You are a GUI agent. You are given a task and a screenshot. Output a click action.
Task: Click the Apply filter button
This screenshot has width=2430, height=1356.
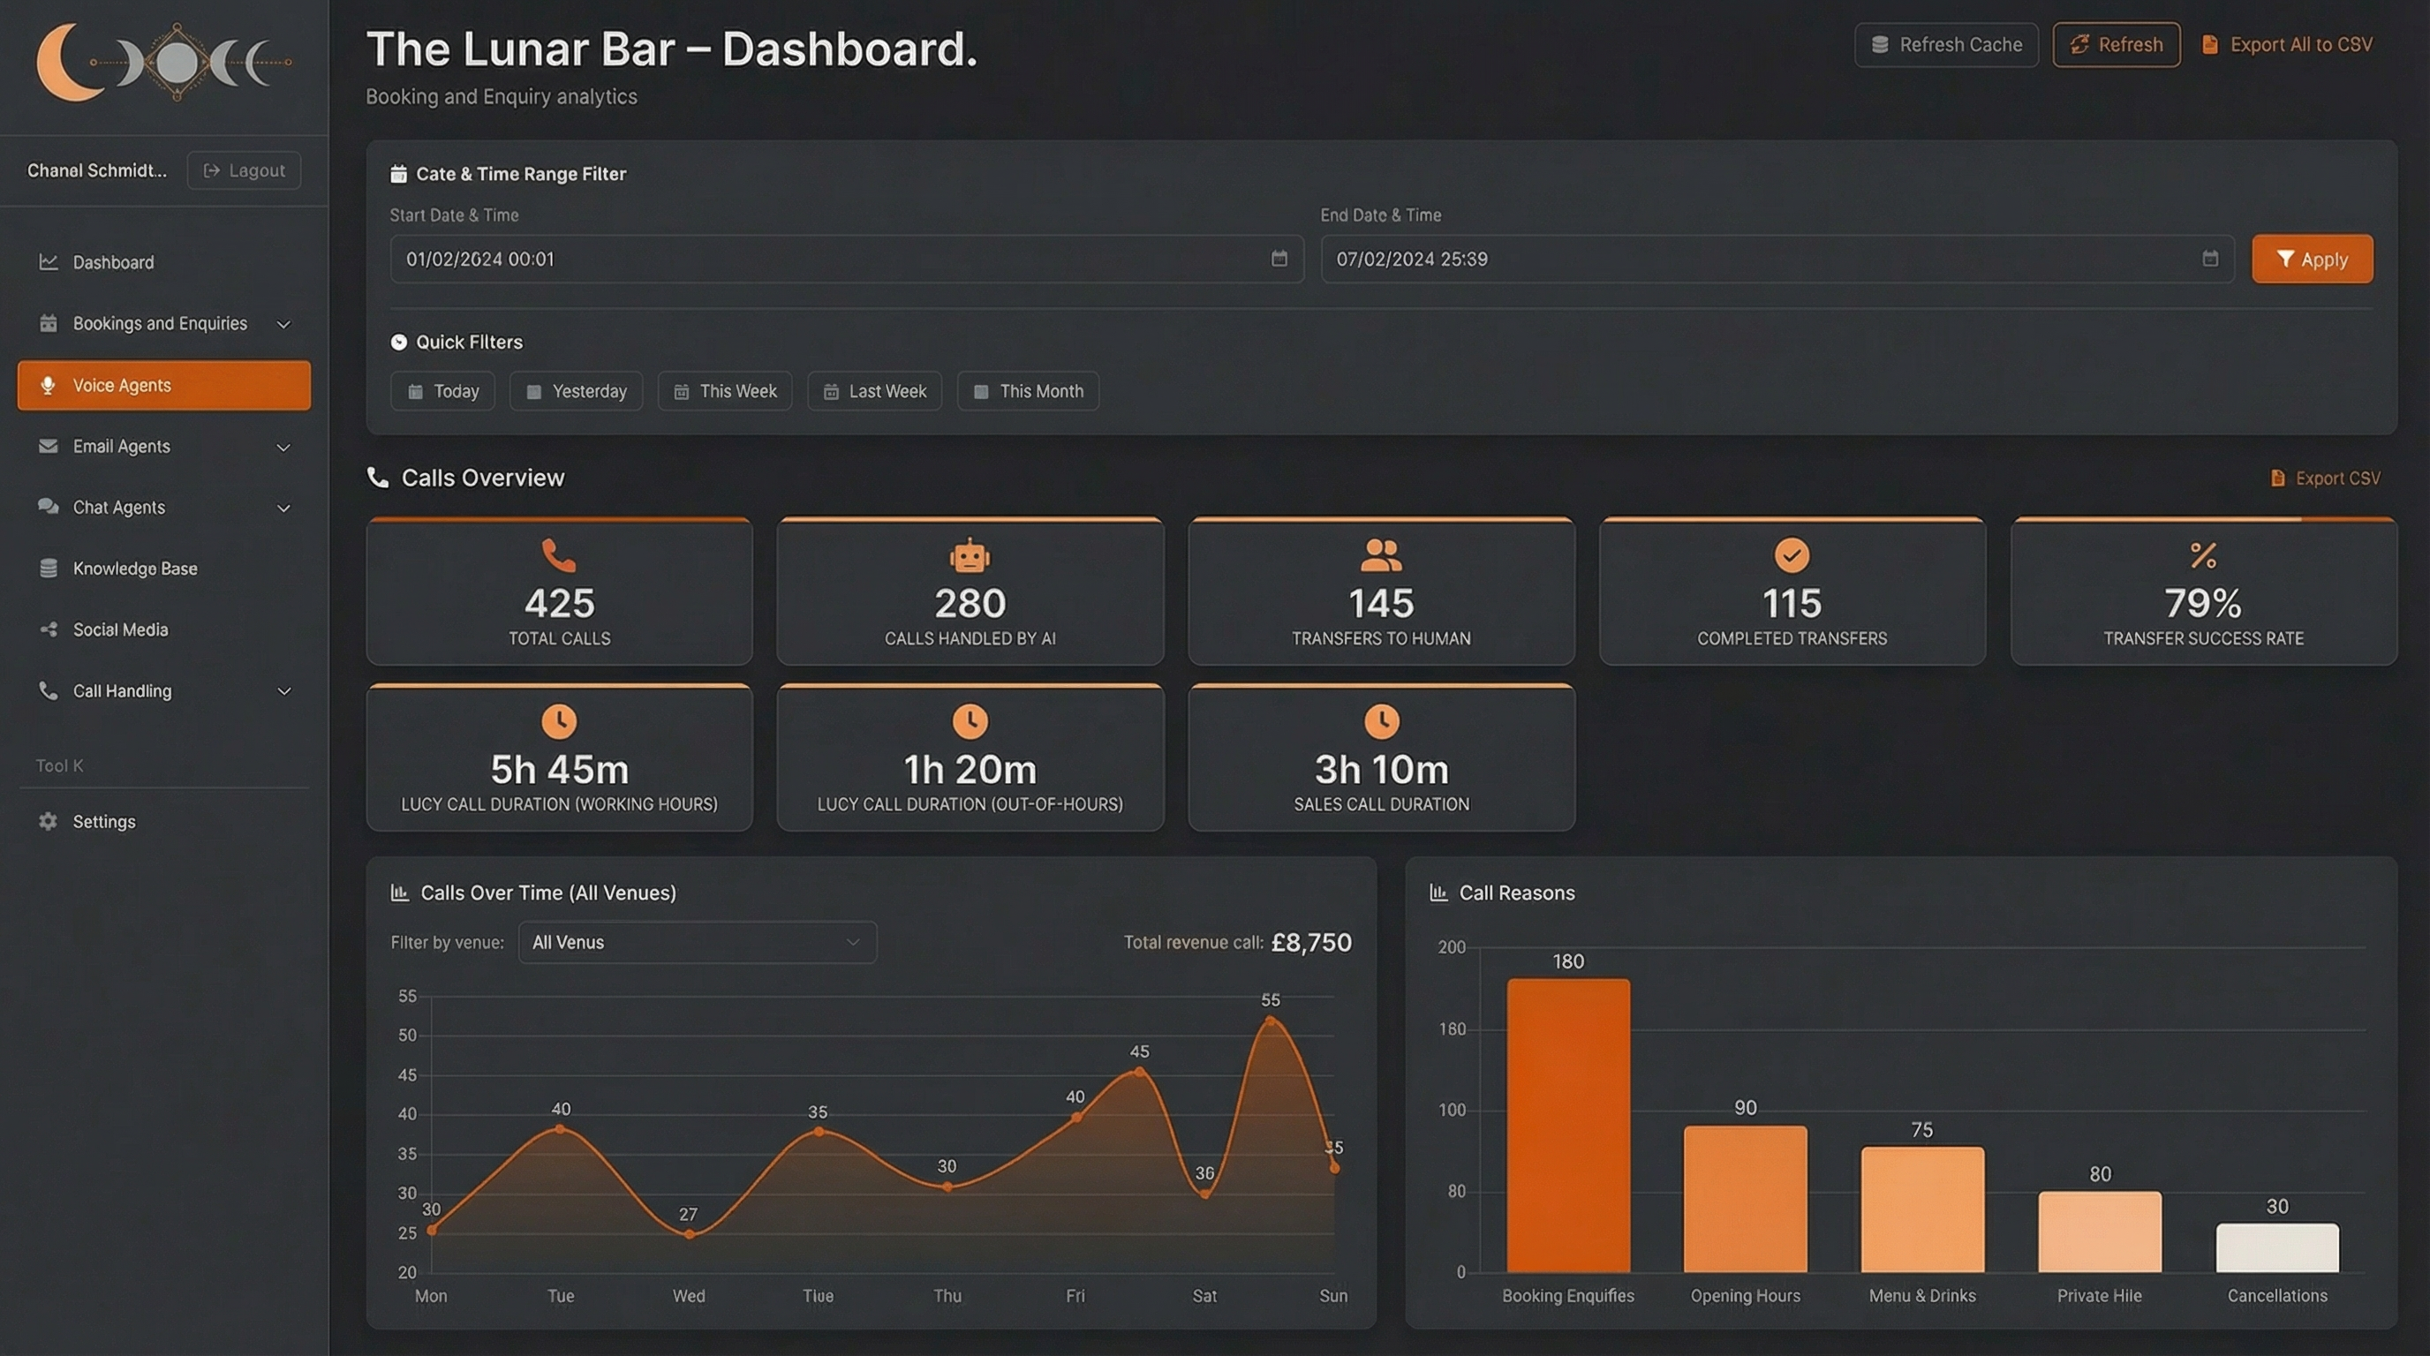(x=2311, y=260)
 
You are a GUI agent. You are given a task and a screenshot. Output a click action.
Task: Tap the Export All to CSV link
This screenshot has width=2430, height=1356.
(x=2288, y=45)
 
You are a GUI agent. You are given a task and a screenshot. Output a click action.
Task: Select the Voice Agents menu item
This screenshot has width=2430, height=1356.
(x=164, y=385)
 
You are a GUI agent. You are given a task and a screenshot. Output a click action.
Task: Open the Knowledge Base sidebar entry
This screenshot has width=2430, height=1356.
(x=135, y=569)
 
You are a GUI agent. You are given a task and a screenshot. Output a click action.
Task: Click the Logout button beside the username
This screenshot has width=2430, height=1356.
(x=245, y=170)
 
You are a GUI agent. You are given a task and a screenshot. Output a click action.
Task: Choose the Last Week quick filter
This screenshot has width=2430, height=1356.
(x=874, y=391)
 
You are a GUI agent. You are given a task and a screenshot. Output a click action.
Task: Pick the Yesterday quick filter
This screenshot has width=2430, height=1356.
(x=577, y=391)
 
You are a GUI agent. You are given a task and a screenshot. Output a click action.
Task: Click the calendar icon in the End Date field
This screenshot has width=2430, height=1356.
(x=2209, y=259)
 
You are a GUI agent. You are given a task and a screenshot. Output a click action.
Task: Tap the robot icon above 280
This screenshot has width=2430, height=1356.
(x=970, y=555)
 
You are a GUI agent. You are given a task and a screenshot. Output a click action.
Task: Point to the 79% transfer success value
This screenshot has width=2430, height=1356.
(x=2203, y=604)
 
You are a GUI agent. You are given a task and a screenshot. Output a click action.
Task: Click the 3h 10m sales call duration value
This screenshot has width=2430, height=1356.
(x=1381, y=770)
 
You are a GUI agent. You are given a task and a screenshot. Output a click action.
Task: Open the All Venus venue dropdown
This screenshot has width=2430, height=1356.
(x=697, y=942)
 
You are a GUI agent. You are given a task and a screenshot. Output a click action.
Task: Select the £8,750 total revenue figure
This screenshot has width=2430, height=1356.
(x=1311, y=942)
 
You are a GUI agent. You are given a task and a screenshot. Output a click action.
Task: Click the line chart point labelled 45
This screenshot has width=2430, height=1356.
(x=1140, y=1072)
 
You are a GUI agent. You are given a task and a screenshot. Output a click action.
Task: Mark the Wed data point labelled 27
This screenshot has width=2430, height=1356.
(x=690, y=1233)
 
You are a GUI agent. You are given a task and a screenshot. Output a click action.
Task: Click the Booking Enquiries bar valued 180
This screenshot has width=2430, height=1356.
(x=1568, y=1126)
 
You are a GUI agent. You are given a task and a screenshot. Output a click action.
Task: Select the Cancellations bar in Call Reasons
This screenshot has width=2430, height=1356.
(x=2276, y=1247)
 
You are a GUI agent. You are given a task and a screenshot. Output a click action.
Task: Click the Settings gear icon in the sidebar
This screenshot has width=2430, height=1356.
(x=48, y=821)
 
